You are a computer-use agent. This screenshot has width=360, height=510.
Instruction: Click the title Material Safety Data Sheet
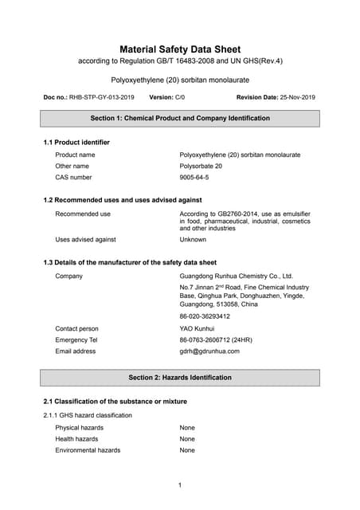(180, 49)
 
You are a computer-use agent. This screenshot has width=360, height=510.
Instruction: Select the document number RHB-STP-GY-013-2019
(102, 97)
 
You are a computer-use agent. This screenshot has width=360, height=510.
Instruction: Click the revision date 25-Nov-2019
(298, 97)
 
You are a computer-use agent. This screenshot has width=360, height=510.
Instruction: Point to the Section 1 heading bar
(180, 118)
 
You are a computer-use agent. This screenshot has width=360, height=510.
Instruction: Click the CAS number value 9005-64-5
(194, 177)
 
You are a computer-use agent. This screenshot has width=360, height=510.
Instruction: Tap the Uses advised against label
(85, 239)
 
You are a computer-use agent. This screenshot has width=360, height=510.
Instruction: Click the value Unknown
(193, 239)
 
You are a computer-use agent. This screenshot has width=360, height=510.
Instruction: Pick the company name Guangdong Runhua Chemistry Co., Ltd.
(237, 276)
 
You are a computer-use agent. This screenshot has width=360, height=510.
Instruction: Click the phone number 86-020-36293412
(205, 316)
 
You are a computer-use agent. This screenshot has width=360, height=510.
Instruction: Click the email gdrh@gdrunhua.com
(209, 351)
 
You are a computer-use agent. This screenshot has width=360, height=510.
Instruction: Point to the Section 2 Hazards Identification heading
(180, 377)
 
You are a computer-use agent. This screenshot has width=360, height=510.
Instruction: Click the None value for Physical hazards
(187, 428)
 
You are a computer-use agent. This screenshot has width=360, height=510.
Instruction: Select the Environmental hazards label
(88, 450)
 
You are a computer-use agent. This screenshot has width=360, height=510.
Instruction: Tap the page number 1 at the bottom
(180, 485)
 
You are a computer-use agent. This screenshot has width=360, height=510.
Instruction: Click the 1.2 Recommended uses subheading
(122, 200)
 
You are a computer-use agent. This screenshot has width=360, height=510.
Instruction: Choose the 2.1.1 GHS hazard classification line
(88, 415)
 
